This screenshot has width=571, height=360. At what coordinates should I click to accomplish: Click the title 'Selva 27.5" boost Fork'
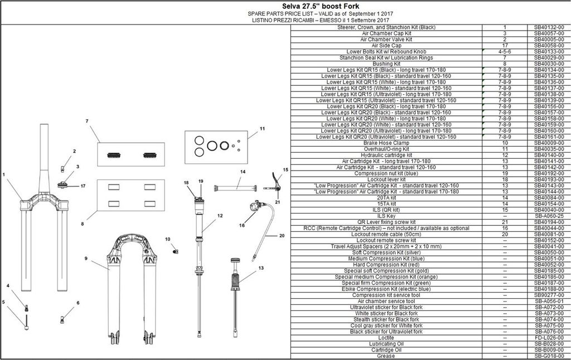pyautogui.click(x=321, y=6)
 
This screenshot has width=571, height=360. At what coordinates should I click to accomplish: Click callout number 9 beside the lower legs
pyautogui.click(x=86, y=259)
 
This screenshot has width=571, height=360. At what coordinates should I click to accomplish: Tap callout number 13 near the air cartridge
pyautogui.click(x=261, y=268)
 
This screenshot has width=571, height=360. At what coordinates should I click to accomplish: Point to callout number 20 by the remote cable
pyautogui.click(x=282, y=236)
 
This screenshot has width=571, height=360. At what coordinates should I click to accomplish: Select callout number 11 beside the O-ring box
pyautogui.click(x=262, y=129)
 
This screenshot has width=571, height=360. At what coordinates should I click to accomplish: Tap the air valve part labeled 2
pyautogui.click(x=62, y=168)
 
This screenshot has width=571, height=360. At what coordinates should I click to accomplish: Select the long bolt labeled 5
pyautogui.click(x=27, y=322)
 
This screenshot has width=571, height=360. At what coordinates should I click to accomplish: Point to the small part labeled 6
pyautogui.click(x=62, y=320)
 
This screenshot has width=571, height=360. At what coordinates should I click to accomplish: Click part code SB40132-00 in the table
pyautogui.click(x=549, y=27)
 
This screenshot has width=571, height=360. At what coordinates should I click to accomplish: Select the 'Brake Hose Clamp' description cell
pyautogui.click(x=386, y=143)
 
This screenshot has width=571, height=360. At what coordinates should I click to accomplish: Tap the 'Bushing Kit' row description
pyautogui.click(x=386, y=64)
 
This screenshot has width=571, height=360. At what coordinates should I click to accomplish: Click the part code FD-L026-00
pyautogui.click(x=549, y=338)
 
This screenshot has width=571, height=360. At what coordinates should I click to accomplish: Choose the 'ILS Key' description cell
pyautogui.click(x=386, y=216)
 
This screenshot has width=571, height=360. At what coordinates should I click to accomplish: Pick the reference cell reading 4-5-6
pyautogui.click(x=505, y=52)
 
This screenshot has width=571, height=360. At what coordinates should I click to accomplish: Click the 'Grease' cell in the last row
pyautogui.click(x=386, y=356)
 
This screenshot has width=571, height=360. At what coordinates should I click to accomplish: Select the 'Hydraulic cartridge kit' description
pyautogui.click(x=386, y=155)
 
